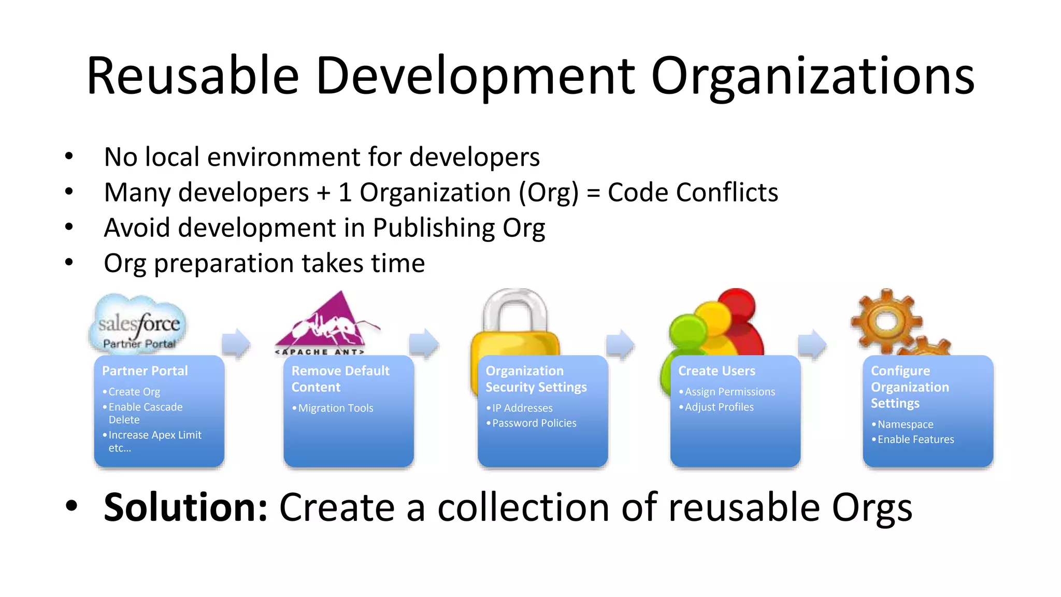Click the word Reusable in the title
pos(193,76)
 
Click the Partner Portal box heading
pos(145,371)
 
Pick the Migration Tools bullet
pos(336,408)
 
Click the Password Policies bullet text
pos(534,423)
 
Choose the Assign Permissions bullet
pos(729,392)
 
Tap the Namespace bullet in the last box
pos(905,424)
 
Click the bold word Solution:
pos(185,507)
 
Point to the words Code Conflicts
pos(693,192)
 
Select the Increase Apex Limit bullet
pos(154,435)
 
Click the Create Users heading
pos(716,371)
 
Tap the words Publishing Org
pos(458,228)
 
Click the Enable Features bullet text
pos(915,439)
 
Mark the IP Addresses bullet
pos(522,408)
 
